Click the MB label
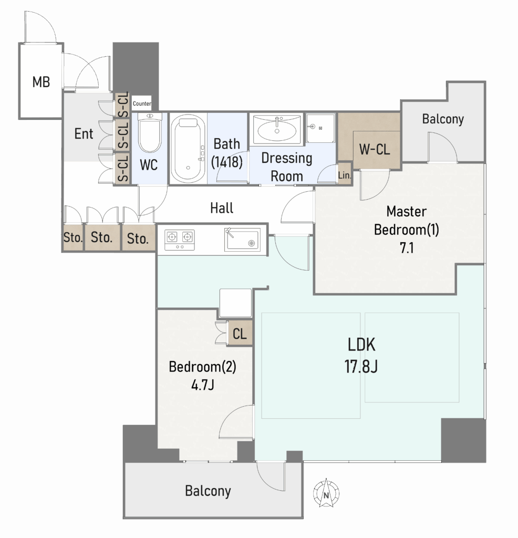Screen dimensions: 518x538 pyautogui.click(x=41, y=82)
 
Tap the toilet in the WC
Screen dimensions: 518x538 pyautogui.click(x=150, y=133)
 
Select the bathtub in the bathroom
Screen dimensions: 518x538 pyautogui.click(x=188, y=149)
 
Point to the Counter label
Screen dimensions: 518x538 pyautogui.click(x=142, y=104)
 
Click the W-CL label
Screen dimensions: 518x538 pyautogui.click(x=374, y=149)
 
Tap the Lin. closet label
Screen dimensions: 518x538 pyautogui.click(x=345, y=175)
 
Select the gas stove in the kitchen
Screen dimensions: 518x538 pyautogui.click(x=180, y=240)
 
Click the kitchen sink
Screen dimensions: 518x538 pyautogui.click(x=242, y=240)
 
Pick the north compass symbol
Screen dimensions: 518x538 pyautogui.click(x=326, y=493)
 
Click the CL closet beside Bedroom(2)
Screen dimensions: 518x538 pyautogui.click(x=240, y=333)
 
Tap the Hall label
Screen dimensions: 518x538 pyautogui.click(x=222, y=208)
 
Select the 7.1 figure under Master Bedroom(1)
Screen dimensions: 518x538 pyautogui.click(x=407, y=248)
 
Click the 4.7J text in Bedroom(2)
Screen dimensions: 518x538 pyautogui.click(x=203, y=385)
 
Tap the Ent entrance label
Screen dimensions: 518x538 pyautogui.click(x=84, y=133)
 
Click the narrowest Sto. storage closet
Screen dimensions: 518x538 pyautogui.click(x=73, y=237)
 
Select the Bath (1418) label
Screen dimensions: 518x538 pyautogui.click(x=227, y=153)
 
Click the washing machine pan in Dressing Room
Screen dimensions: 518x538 pyautogui.click(x=320, y=128)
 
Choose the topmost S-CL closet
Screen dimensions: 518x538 pyautogui.click(x=122, y=105)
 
